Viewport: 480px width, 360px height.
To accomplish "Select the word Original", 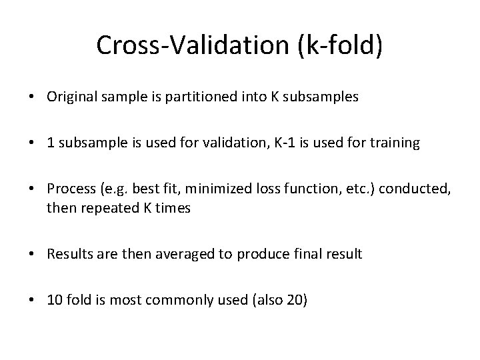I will point(72,97).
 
